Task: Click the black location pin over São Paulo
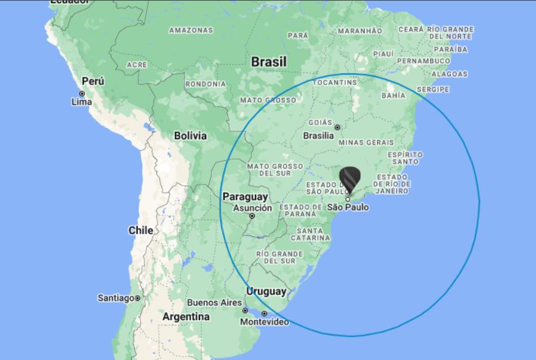point(350,180)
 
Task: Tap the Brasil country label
point(269,62)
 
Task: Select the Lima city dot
point(82,94)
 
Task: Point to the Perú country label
point(93,81)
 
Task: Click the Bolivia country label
point(190,136)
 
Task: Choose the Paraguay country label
point(245,197)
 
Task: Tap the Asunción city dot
point(252,217)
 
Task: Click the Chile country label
point(140,230)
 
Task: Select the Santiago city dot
point(138,298)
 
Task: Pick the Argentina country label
point(186,317)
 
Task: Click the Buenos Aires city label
point(215,303)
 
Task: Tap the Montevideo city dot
point(265,314)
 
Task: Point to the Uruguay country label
point(266,292)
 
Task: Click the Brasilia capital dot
point(337,127)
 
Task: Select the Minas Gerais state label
point(366,142)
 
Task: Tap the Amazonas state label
point(191,30)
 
